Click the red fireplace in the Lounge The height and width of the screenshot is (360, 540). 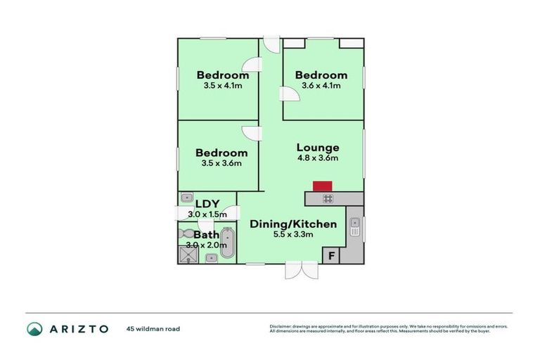tap(322, 186)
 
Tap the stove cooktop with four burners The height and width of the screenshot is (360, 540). tap(328, 199)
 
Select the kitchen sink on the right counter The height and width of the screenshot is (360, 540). tap(355, 226)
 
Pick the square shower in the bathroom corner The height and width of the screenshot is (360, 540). tap(188, 253)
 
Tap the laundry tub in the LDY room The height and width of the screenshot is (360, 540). tap(187, 198)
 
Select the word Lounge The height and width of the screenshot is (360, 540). tap(318, 148)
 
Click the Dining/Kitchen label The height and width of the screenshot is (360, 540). tap(293, 224)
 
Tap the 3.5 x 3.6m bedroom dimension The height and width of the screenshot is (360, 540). tap(221, 163)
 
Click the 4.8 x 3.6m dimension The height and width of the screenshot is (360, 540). tap(318, 158)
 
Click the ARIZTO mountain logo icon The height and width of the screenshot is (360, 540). tap(34, 328)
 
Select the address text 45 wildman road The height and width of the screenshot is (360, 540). tap(153, 328)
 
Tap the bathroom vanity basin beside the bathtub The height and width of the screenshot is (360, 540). tap(212, 258)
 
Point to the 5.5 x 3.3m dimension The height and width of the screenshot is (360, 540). tap(293, 234)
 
